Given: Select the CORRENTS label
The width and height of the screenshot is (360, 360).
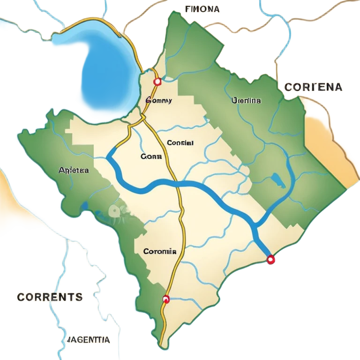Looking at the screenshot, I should (50, 297).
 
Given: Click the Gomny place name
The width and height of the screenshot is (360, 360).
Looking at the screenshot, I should (159, 100).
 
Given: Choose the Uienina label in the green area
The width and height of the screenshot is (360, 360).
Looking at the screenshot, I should (246, 100).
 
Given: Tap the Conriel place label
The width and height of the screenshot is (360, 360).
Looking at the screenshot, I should (180, 143).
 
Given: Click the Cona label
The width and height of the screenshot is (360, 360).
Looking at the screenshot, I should (151, 157).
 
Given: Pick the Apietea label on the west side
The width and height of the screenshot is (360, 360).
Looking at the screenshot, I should (74, 170).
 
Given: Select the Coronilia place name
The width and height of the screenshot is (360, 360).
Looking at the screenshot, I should (159, 251).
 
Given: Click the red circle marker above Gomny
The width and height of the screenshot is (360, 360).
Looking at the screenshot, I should (157, 82).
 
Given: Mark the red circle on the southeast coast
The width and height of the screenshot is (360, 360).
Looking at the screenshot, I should (270, 259).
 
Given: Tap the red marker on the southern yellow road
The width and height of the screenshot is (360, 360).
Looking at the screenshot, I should (165, 299).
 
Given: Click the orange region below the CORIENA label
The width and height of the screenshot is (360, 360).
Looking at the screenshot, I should (328, 136).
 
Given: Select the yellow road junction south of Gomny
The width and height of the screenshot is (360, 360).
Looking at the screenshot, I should (141, 118).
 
